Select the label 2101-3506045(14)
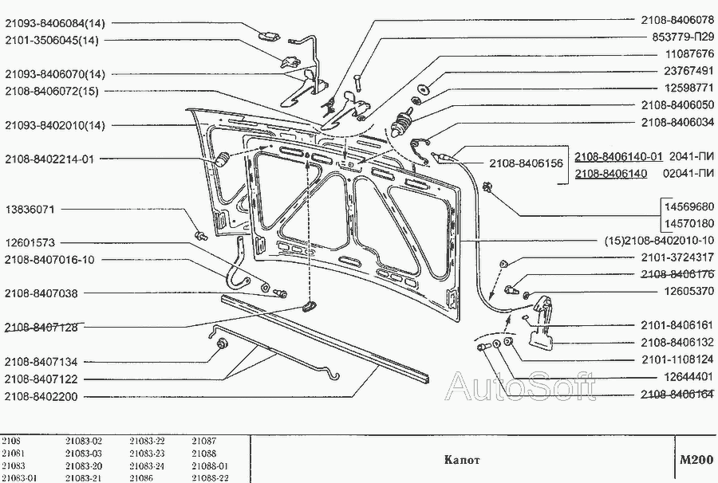point(53,39)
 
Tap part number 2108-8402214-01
point(49,159)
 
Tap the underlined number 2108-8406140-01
point(618,157)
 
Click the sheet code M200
point(695,460)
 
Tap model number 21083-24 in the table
point(147,465)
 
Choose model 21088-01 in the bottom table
point(210,465)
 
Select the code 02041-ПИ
point(691,174)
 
